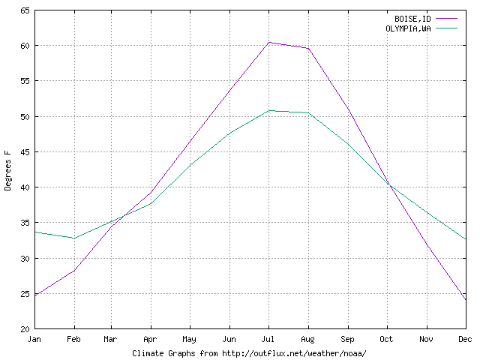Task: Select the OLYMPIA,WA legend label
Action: point(408,28)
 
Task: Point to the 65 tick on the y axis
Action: point(25,10)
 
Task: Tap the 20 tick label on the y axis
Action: point(25,328)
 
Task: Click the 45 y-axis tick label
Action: point(25,152)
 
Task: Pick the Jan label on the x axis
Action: point(35,340)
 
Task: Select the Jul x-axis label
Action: point(270,340)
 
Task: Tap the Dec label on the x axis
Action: point(465,340)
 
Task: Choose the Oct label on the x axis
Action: point(387,340)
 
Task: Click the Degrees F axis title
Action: point(8,169)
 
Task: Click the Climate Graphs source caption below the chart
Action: point(250,352)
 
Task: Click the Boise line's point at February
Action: point(74,270)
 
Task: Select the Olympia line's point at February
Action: point(74,238)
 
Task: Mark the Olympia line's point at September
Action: point(348,143)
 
